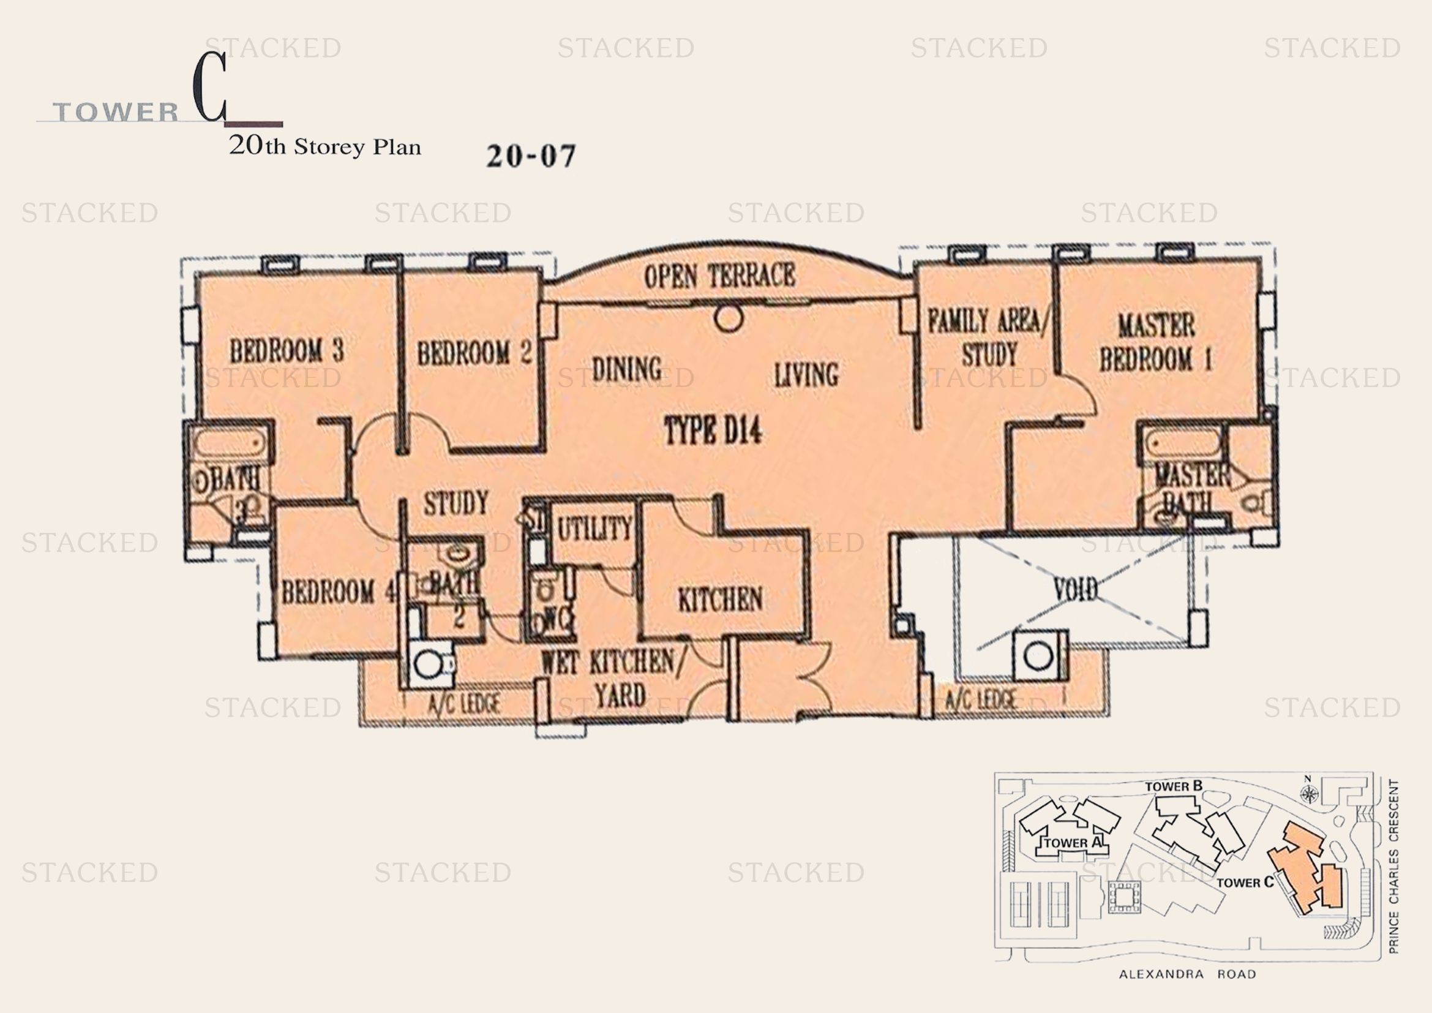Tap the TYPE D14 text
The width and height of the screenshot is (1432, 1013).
pos(713,431)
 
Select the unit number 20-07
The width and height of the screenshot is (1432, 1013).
pos(531,156)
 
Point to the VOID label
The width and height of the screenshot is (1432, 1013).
pos(1075,589)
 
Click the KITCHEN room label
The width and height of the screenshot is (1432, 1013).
pos(720,600)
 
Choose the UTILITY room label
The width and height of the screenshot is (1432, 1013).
pos(594,530)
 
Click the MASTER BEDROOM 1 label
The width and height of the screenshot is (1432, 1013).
pos(1156,342)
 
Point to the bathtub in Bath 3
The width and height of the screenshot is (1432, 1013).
pos(230,445)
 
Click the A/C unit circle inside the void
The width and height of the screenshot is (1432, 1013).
pos(1038,655)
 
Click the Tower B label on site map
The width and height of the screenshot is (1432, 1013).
pos(1173,786)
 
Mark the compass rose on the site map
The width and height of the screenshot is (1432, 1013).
pos(1308,793)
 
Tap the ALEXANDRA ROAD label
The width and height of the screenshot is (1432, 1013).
pos(1187,974)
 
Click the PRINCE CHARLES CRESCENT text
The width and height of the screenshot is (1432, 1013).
pos(1394,867)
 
